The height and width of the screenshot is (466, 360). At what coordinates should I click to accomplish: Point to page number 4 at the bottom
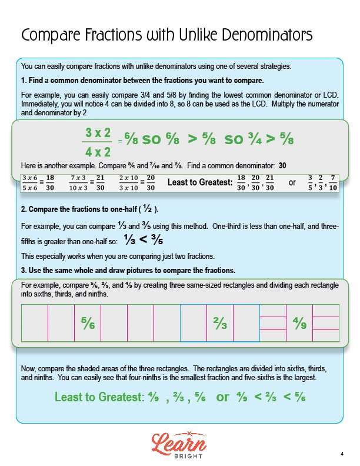341,453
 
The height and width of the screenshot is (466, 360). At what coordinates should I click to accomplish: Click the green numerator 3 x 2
98,132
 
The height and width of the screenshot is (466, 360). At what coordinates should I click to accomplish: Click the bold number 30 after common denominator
282,166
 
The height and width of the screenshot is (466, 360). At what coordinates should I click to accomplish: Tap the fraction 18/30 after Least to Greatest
241,183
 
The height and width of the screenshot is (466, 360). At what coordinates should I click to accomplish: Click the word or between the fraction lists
292,183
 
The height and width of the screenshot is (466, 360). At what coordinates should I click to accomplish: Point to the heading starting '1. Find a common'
142,81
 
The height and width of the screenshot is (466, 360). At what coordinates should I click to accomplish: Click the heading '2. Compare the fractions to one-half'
90,209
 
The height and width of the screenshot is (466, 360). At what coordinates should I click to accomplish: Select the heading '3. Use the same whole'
128,270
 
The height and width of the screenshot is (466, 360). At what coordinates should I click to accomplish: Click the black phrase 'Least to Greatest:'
200,183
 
